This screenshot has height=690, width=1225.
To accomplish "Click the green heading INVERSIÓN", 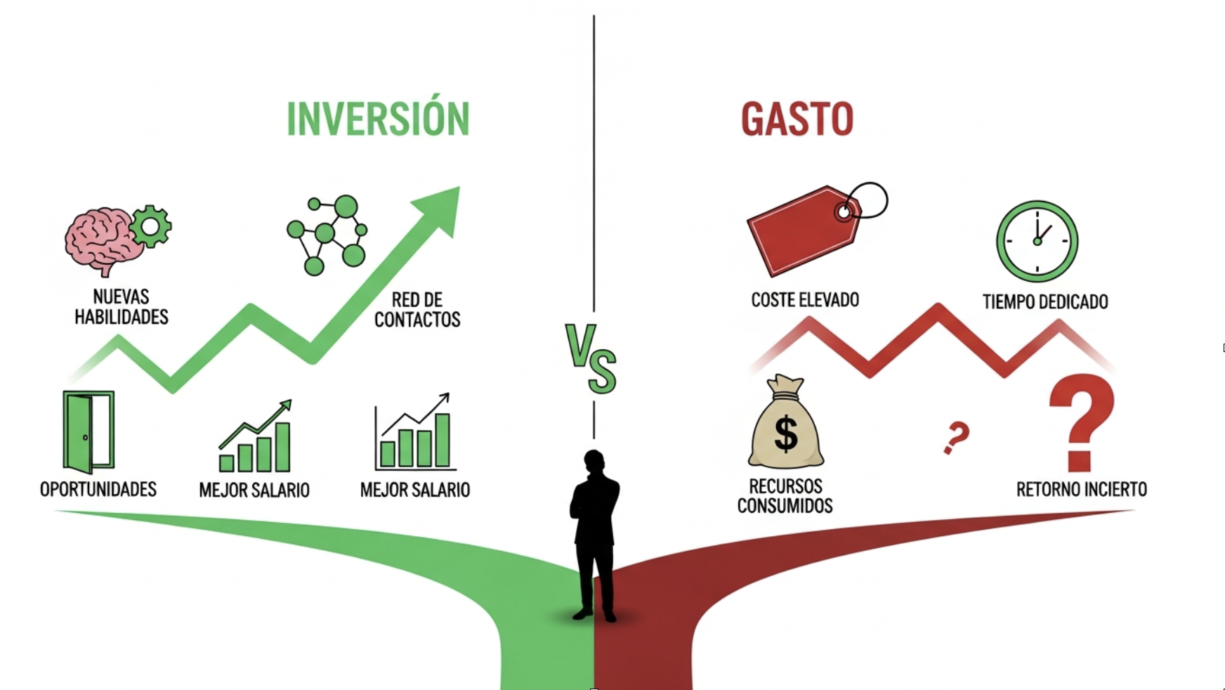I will coord(378,119).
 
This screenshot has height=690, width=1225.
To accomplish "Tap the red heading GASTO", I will coord(797,119).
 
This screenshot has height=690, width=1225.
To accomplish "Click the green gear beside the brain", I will coord(150,226).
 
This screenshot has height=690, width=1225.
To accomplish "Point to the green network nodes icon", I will coord(327,235).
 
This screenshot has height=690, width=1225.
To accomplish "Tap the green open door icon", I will coord(88,431).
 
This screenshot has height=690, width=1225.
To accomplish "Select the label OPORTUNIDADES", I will coord(98,489).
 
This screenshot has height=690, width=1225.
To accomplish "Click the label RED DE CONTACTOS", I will coord(417,310).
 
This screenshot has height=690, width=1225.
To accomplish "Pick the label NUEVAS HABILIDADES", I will coord(121,307).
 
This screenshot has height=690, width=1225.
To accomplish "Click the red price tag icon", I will coord(804,230).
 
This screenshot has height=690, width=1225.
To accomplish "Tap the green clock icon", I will coord(1037,241).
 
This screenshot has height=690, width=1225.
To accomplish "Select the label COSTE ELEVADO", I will coord(805,300).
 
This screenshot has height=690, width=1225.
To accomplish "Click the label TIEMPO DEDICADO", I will coord(1045,302).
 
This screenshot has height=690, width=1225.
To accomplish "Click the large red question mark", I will coord(1081,422).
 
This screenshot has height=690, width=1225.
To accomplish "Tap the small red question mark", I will coord(956,437).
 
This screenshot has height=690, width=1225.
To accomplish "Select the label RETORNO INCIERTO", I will coord(1081,489).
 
